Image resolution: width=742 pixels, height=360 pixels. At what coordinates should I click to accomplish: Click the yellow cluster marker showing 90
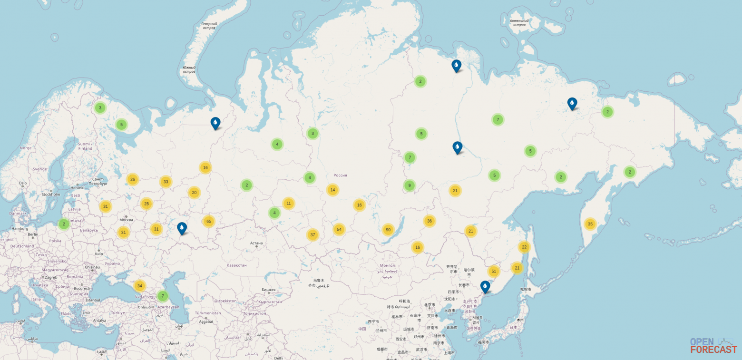tap(388, 230)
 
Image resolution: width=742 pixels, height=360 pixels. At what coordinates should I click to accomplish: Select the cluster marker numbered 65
tap(208, 221)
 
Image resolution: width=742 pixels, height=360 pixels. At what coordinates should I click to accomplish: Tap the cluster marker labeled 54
tap(339, 229)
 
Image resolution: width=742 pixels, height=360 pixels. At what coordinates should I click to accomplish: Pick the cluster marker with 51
tap(494, 272)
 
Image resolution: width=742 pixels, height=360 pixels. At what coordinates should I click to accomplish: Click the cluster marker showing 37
tap(312, 234)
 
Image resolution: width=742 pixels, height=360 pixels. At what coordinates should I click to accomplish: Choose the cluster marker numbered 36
tap(429, 221)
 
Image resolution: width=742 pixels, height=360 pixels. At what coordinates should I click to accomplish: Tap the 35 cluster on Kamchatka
tap(590, 224)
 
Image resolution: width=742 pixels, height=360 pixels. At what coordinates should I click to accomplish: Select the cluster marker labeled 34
tap(139, 286)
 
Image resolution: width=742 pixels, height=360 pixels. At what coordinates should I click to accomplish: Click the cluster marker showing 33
tap(166, 181)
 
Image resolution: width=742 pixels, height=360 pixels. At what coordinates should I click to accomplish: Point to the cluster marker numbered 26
tap(133, 179)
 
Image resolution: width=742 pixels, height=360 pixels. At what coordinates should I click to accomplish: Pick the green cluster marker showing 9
tap(410, 185)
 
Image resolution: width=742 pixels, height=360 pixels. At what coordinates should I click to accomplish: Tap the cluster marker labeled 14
tap(332, 190)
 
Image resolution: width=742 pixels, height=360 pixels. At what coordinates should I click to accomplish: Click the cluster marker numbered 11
tap(288, 203)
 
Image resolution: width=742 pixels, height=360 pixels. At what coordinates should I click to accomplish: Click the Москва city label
tap(126, 220)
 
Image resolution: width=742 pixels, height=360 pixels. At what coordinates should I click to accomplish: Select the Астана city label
tap(256, 243)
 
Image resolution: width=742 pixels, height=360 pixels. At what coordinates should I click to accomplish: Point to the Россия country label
tap(340, 175)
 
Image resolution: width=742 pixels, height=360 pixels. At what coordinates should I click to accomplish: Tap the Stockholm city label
tap(50, 194)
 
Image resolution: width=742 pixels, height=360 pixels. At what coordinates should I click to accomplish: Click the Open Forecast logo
tap(713, 345)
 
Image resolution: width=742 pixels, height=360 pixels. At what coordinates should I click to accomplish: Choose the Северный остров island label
tap(209, 26)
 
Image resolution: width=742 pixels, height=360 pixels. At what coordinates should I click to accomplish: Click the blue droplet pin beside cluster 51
tap(485, 286)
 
